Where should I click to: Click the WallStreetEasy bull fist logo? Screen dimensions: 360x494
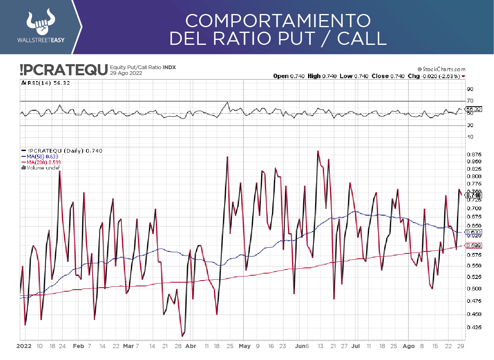(x=40, y=23)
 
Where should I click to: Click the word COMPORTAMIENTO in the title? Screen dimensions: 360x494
(x=278, y=20)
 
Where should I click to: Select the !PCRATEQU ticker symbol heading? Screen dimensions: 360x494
(x=63, y=70)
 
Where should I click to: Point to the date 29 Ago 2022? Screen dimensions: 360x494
(x=126, y=73)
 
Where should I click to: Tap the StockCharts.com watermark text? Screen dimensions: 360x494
(x=441, y=69)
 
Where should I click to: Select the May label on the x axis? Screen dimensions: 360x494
(x=244, y=346)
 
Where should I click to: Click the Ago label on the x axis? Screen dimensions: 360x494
(x=408, y=346)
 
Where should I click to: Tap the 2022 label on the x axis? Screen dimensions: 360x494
(x=24, y=346)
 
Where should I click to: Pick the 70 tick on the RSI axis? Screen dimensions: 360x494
(x=470, y=101)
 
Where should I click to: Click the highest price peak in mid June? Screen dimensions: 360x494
(x=318, y=151)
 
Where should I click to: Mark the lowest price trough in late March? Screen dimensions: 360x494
(x=182, y=336)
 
